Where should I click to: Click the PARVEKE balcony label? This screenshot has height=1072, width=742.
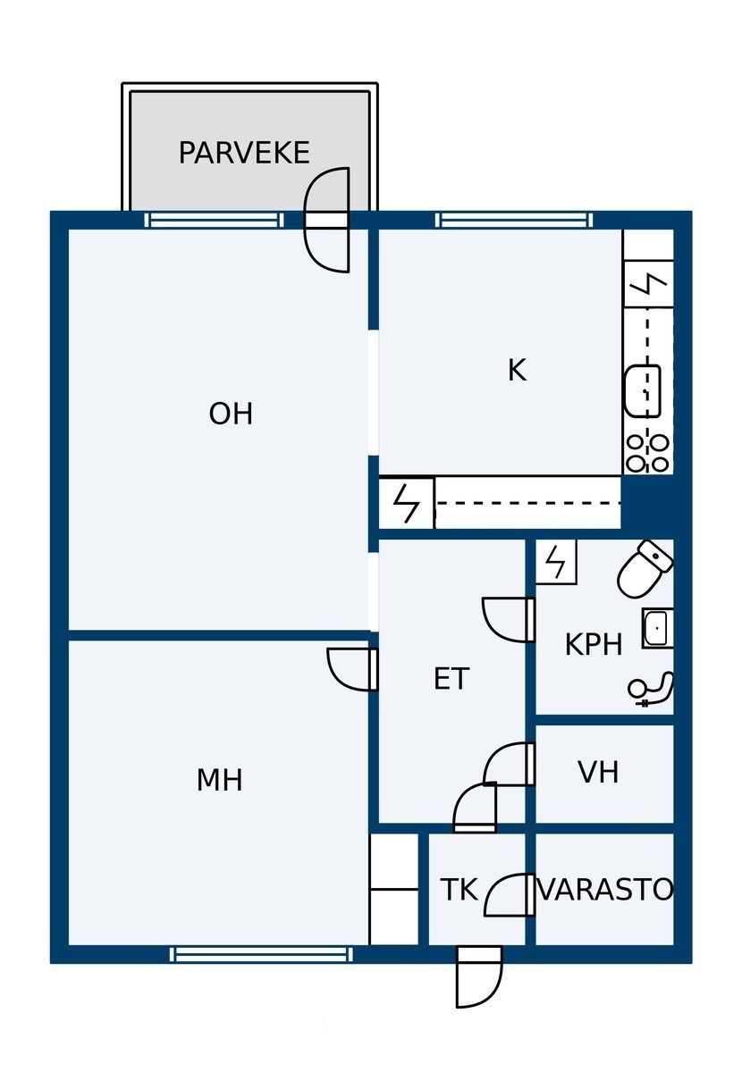(244, 152)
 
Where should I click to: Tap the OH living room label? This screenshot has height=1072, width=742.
(231, 414)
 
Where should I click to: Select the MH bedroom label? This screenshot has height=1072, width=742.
(219, 780)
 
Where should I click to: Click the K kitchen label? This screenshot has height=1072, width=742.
(518, 370)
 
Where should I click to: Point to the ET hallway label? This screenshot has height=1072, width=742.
(451, 679)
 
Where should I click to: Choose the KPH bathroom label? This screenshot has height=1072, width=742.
(594, 644)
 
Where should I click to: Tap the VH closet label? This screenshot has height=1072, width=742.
(598, 772)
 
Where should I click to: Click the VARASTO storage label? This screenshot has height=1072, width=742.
(605, 889)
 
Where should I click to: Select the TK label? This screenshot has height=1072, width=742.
(460, 889)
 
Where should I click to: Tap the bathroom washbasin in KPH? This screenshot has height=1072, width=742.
(657, 628)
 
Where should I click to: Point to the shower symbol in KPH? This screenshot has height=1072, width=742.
(651, 690)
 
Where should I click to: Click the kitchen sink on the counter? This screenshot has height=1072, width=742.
(643, 391)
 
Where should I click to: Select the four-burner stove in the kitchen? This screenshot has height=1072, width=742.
(647, 453)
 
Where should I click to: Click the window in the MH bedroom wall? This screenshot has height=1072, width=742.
(262, 954)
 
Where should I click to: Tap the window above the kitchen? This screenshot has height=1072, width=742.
(514, 220)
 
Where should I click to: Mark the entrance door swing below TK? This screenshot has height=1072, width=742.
(479, 977)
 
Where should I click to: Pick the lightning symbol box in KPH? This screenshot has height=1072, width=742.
(556, 562)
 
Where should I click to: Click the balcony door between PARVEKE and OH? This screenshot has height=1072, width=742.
(326, 220)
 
